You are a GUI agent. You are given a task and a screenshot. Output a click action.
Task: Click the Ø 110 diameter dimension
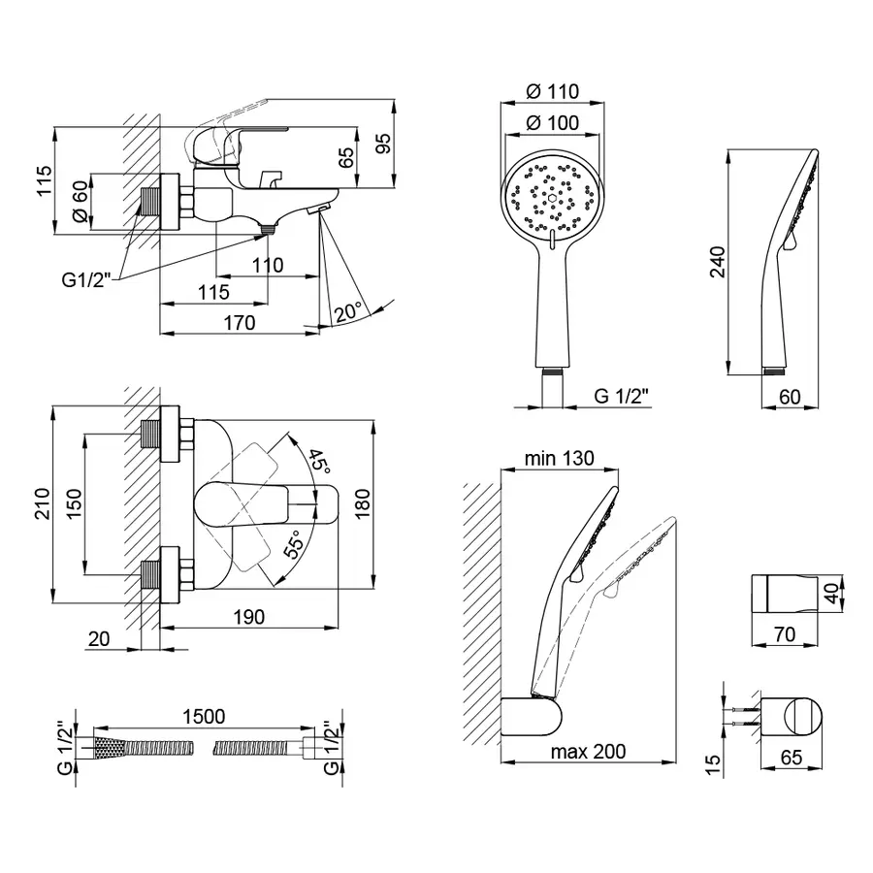(552, 91)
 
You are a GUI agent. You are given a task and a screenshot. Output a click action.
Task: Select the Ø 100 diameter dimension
(552, 122)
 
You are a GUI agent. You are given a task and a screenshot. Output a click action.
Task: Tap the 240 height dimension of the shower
(718, 262)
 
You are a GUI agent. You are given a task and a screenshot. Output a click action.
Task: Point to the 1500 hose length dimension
(204, 716)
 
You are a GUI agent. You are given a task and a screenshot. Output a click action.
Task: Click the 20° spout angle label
(349, 310)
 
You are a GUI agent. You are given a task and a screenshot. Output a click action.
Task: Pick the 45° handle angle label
(318, 460)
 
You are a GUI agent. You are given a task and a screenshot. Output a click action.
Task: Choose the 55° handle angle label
(295, 543)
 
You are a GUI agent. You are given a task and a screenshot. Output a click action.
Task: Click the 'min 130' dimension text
(560, 458)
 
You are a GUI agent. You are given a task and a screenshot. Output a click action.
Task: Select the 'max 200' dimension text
(588, 752)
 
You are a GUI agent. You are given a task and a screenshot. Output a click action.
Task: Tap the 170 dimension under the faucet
(240, 322)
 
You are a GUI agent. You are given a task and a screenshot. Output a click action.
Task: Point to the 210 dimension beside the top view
(43, 503)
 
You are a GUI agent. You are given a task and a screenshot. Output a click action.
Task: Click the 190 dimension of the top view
(249, 617)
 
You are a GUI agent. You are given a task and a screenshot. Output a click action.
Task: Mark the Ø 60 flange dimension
(81, 202)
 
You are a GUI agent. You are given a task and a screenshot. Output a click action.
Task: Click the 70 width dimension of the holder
(785, 634)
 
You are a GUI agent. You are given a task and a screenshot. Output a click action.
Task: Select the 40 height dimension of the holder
(832, 593)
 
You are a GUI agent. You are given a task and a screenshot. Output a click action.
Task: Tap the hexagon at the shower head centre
(551, 198)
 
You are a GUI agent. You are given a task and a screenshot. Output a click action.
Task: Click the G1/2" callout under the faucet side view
(87, 280)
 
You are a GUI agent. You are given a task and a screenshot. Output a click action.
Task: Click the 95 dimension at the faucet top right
(384, 144)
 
